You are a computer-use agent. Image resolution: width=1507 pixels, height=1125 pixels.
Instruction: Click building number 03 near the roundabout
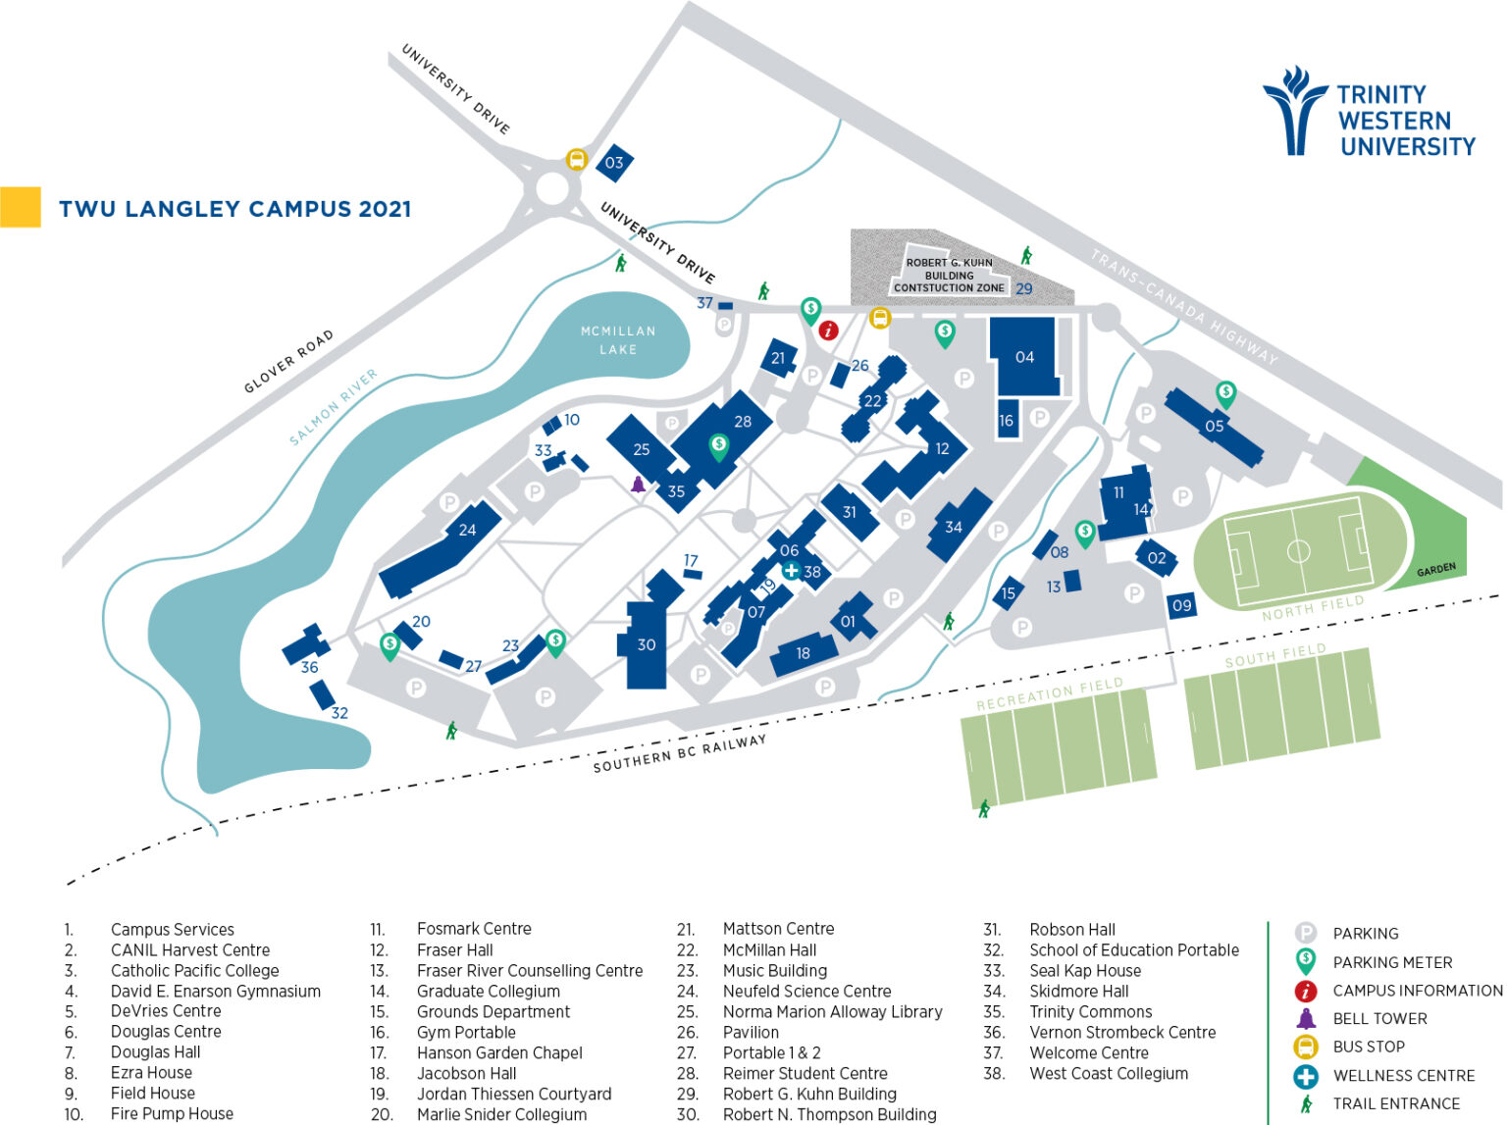pos(614,163)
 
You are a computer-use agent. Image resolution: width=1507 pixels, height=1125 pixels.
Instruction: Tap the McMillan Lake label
pos(618,339)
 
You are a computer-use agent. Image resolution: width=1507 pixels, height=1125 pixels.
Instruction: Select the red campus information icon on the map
pos(828,331)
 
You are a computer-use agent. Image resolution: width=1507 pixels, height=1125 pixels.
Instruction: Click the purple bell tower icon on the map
pos(639,484)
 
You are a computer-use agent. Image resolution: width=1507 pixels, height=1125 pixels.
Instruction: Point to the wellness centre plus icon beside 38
pos(791,571)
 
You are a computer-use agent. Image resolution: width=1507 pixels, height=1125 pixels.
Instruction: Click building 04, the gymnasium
pos(1024,356)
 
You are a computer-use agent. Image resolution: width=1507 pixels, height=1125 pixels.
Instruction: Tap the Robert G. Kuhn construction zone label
pos(949,276)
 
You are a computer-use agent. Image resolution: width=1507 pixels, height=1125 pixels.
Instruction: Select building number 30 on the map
pos(646,644)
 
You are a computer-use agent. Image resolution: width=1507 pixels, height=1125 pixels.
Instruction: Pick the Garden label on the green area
pos(1435,570)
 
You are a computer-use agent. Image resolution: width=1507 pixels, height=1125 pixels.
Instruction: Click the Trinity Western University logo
pos(1370,112)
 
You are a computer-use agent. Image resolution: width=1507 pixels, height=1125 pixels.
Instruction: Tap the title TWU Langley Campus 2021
pos(234,209)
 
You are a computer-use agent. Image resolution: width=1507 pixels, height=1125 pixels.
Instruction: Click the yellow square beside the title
pos(21,207)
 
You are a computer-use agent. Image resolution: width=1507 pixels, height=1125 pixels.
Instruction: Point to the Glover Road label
pos(288,361)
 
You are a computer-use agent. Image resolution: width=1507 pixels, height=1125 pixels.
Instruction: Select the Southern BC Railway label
pos(679,753)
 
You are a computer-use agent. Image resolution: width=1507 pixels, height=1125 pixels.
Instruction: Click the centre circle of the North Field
pos(1298,551)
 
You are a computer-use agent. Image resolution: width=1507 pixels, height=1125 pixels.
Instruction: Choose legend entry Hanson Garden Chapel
pos(498,1052)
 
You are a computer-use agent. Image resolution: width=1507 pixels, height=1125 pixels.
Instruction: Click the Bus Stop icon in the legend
pos(1305,1047)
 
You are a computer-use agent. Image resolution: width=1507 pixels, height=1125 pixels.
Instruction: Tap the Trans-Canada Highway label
pos(1184,307)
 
